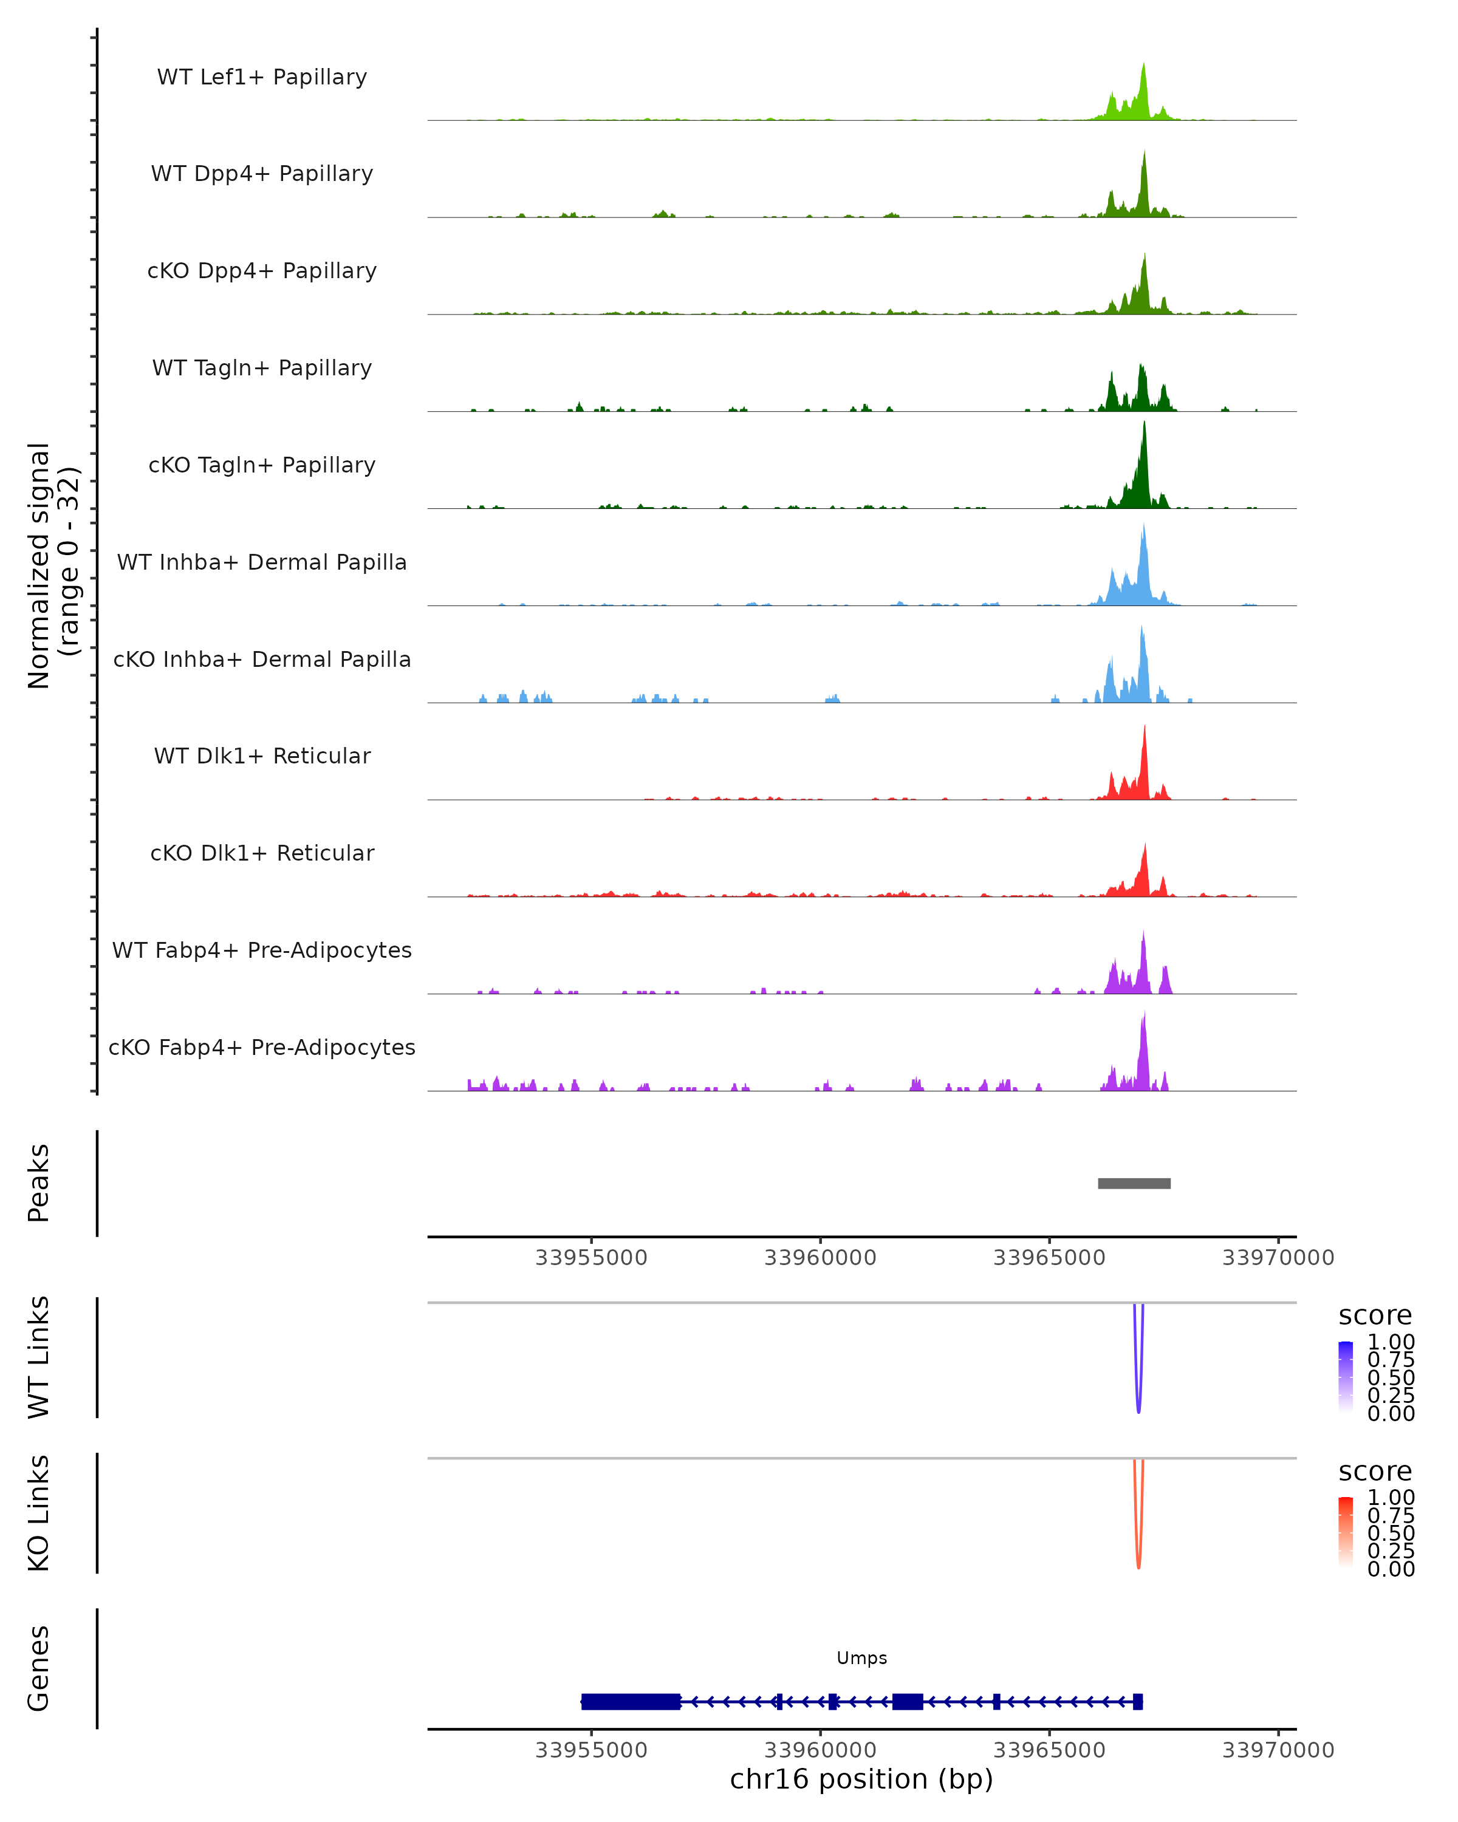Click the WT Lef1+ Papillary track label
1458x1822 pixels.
(262, 77)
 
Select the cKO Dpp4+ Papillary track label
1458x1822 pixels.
(262, 271)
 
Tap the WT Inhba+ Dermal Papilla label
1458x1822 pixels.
(262, 563)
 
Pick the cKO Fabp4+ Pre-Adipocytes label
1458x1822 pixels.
(262, 1048)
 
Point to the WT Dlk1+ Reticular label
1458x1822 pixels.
(262, 756)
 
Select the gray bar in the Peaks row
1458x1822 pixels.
(1134, 1184)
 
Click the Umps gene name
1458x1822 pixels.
(861, 1658)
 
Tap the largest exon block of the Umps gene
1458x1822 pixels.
(631, 1702)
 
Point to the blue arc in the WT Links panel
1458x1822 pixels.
(1138, 1403)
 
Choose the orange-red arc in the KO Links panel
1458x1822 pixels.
(1138, 1559)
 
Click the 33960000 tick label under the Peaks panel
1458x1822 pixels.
(820, 1258)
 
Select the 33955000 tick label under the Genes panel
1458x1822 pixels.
(591, 1750)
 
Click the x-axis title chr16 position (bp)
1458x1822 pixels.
(861, 1779)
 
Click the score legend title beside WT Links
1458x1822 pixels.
(1374, 1316)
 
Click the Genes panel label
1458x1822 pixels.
(39, 1669)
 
